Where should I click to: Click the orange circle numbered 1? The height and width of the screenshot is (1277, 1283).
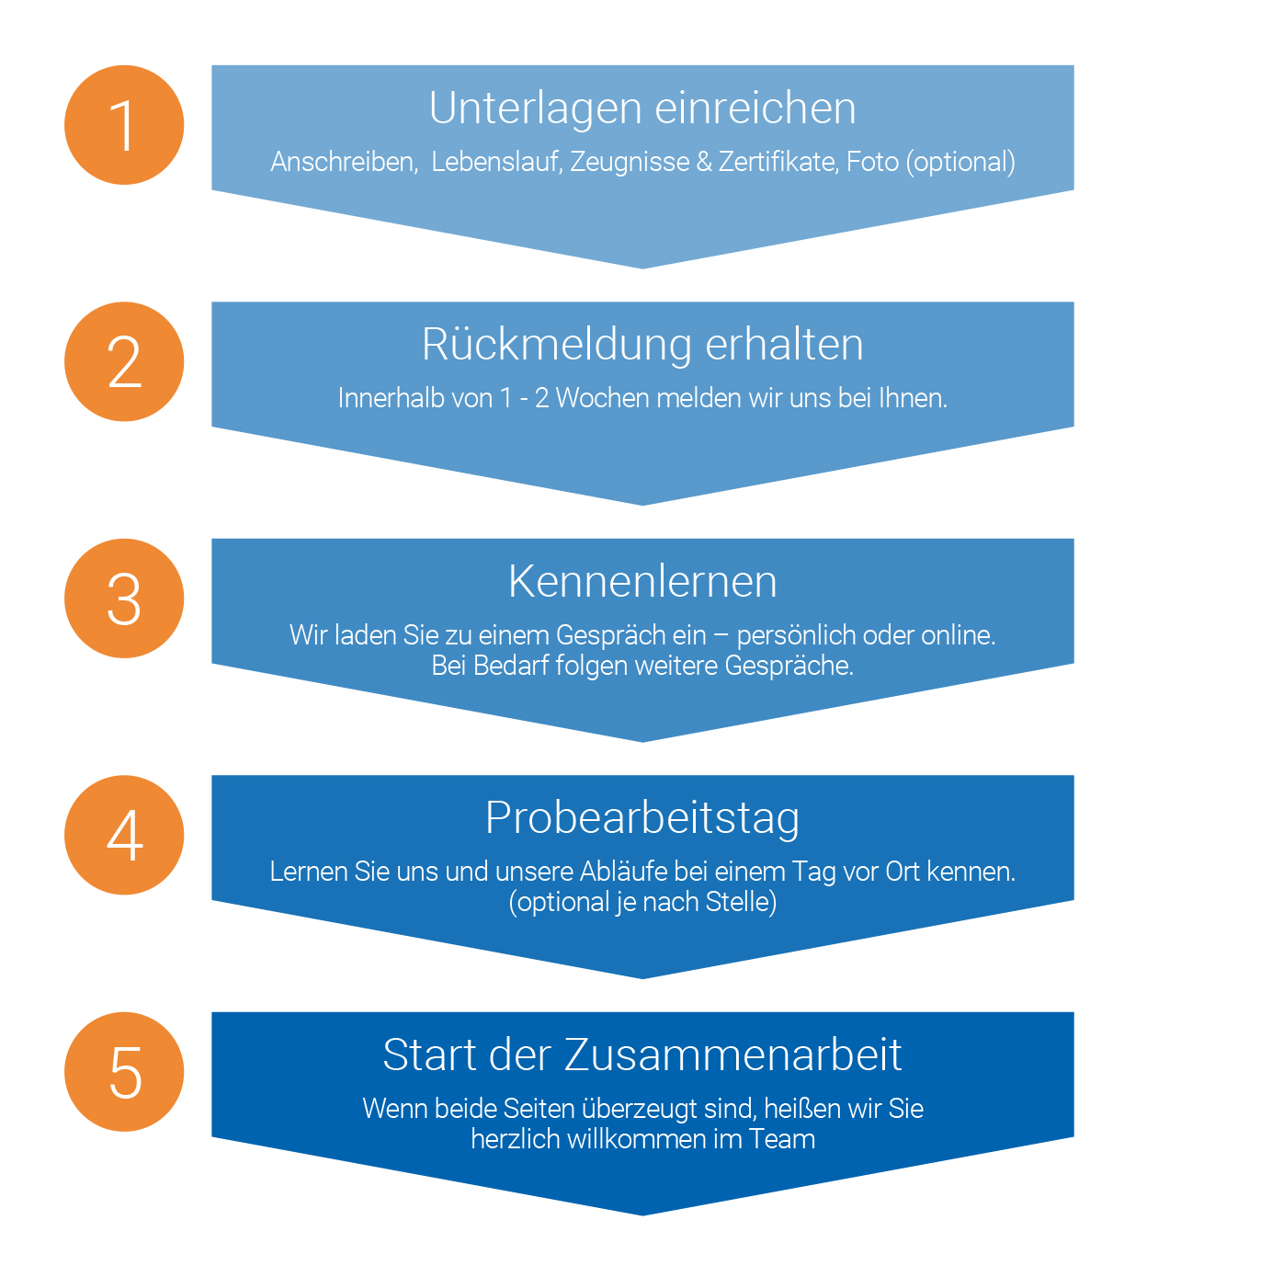pyautogui.click(x=124, y=124)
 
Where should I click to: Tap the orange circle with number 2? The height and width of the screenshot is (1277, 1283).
pyautogui.click(x=124, y=361)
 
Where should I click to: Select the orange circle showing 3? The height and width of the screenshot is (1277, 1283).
pyautogui.click(x=124, y=599)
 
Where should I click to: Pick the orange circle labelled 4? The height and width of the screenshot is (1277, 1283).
pyautogui.click(x=124, y=835)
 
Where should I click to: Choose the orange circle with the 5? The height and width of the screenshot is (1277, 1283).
pyautogui.click(x=124, y=1071)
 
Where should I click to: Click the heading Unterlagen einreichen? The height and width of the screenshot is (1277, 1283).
pyautogui.click(x=641, y=109)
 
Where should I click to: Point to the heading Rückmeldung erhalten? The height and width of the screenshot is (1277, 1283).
pyautogui.click(x=641, y=345)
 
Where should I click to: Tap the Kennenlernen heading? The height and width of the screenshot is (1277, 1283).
pyautogui.click(x=641, y=581)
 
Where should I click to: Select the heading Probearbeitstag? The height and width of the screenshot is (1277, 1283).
pyautogui.click(x=641, y=818)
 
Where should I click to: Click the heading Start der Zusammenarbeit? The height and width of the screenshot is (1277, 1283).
pyautogui.click(x=641, y=1055)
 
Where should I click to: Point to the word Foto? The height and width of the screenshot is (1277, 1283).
pyautogui.click(x=871, y=162)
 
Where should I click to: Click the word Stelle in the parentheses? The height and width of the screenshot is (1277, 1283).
pyautogui.click(x=737, y=901)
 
